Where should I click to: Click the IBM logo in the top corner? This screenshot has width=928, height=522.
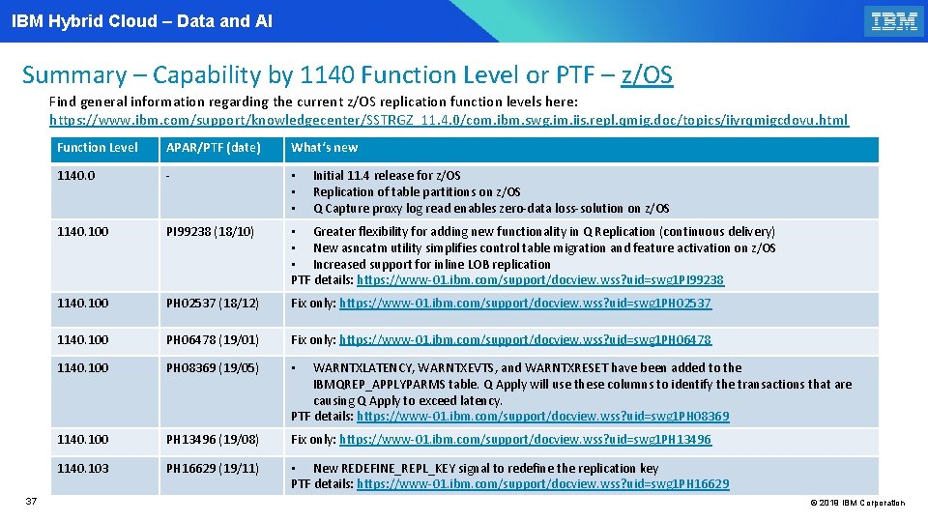[x=893, y=21]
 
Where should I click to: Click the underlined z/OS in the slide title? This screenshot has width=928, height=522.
[x=647, y=74]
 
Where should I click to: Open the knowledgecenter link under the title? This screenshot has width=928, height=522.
[x=449, y=120]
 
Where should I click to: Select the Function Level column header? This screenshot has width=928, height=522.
[x=98, y=148]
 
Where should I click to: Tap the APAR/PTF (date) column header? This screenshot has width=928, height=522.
[x=214, y=148]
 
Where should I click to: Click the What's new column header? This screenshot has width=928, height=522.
[x=325, y=148]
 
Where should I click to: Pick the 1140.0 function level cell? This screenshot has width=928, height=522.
[x=76, y=175]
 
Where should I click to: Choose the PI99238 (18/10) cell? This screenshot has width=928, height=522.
[x=211, y=232]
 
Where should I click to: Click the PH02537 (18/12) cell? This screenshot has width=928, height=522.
[x=213, y=304]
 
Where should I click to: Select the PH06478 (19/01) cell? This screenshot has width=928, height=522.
[x=213, y=339]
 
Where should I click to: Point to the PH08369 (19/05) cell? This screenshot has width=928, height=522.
[x=213, y=367]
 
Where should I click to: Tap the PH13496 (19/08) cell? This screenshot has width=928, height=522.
[x=213, y=440]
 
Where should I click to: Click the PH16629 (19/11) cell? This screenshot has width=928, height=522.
[x=213, y=468]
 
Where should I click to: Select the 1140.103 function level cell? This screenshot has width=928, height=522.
[x=83, y=468]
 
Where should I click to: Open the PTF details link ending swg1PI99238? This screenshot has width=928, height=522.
[x=539, y=280]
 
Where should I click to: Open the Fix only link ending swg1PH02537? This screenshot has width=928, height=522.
[x=525, y=304]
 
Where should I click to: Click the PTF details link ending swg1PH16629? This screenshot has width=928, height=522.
[x=542, y=483]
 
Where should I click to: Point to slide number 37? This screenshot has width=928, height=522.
[x=31, y=501]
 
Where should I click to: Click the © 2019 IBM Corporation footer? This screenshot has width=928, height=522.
[x=856, y=503]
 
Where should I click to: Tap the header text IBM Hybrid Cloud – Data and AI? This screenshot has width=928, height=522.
[x=142, y=20]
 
